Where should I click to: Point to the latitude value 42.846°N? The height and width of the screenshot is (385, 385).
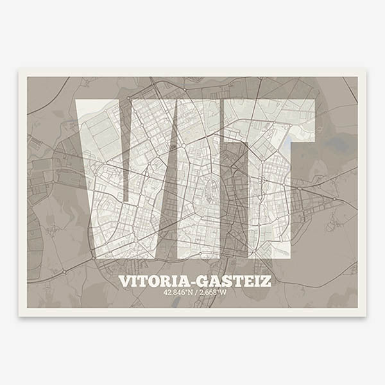[x=178, y=293]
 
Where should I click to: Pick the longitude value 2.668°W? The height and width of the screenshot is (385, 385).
[x=213, y=293]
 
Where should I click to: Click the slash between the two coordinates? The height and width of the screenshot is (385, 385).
[x=196, y=293]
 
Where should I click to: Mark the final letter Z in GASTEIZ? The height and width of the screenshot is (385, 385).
[x=265, y=281]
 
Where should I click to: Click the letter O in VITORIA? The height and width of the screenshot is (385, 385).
[x=157, y=281]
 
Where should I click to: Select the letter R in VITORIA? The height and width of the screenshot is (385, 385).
[x=169, y=281]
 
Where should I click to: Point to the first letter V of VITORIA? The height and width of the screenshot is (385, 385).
[x=125, y=281]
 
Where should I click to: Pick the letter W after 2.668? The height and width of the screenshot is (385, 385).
[x=224, y=293]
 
